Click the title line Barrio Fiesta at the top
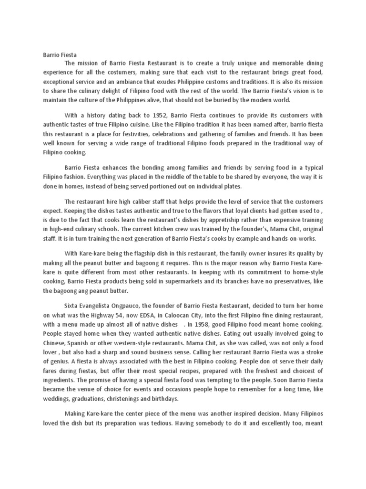coord(56,54)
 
